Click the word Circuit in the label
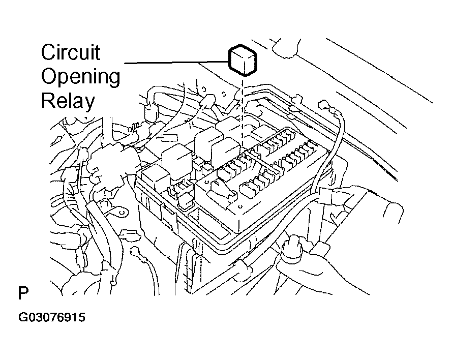click(71, 52)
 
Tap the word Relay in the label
click(68, 101)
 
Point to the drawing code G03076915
click(52, 318)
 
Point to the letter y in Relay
click(89, 103)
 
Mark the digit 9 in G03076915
click(69, 318)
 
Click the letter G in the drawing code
click(23, 318)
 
